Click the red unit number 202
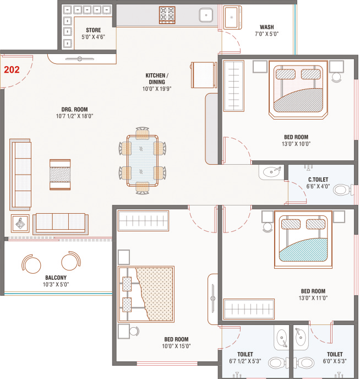tap(12, 71)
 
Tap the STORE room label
tap(92, 30)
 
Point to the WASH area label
tap(268, 27)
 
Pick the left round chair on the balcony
tap(31, 263)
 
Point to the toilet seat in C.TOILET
tap(342, 191)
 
